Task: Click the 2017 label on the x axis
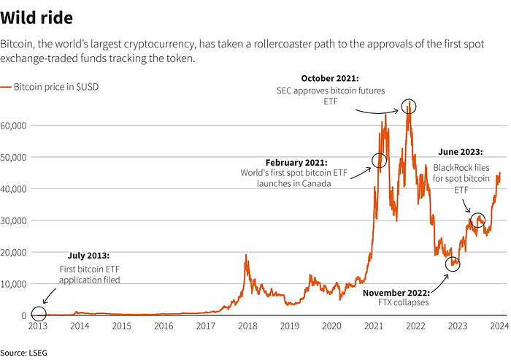pos(205,326)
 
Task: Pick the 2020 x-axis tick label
pos(331,326)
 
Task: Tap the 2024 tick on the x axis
pos(499,326)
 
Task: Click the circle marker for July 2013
pos(38,315)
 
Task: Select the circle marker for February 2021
pos(379,161)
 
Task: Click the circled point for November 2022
pos(453,264)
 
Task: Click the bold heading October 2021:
pos(331,78)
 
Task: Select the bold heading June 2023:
pos(460,152)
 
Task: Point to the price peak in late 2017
pos(245,255)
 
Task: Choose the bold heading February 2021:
pos(297,162)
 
